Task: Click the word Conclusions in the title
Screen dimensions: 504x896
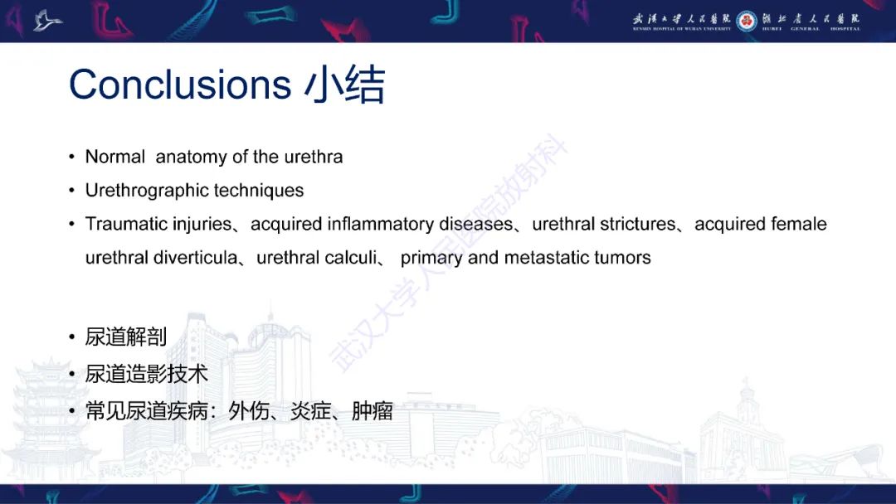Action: click(x=179, y=85)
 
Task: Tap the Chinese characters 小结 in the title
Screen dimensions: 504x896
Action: click(x=344, y=85)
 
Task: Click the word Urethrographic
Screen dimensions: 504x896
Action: click(x=147, y=191)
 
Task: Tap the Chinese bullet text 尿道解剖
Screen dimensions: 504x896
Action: click(x=126, y=337)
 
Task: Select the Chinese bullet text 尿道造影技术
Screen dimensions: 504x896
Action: click(x=147, y=374)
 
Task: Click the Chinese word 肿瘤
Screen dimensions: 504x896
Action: click(x=373, y=411)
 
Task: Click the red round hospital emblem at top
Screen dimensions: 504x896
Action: click(x=747, y=21)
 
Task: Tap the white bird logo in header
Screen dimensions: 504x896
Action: click(x=47, y=20)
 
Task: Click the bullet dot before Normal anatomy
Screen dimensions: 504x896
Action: click(x=72, y=157)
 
